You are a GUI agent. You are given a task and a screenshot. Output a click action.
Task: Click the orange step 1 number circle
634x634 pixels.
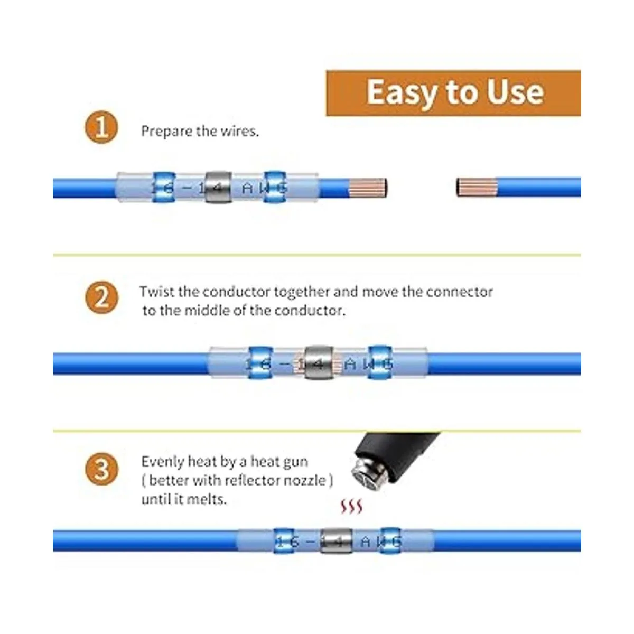[x=101, y=127]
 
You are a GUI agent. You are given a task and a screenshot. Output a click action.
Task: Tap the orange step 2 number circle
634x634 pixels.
[x=101, y=297]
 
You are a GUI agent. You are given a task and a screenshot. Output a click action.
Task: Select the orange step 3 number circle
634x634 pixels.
[x=101, y=469]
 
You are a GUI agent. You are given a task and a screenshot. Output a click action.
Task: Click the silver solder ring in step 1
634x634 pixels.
[x=218, y=187]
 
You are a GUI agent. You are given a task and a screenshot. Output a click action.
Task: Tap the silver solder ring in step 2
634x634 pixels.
[x=319, y=362]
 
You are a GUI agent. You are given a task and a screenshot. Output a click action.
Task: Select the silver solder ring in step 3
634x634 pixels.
[x=335, y=541]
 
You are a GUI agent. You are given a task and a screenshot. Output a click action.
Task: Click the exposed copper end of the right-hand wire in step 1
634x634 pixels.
[x=477, y=187]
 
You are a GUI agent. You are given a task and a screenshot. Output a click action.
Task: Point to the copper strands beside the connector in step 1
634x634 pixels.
[x=368, y=187]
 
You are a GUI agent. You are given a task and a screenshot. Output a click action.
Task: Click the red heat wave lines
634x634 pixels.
[x=351, y=507]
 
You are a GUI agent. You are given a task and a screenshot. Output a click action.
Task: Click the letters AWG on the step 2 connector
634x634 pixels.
[x=368, y=364]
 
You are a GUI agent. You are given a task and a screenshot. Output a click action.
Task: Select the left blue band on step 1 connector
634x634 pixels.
[x=163, y=187]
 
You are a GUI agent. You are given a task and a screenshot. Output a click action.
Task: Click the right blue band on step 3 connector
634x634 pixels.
[x=390, y=541]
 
